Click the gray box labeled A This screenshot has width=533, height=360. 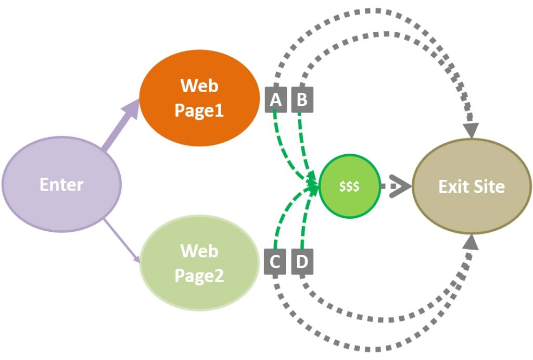point(276,99)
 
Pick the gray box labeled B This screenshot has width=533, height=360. point(302,99)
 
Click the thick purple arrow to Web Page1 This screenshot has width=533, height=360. point(120,128)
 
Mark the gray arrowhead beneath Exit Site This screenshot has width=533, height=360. point(471,243)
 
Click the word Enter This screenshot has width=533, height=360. point(61,184)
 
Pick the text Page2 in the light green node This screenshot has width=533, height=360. point(199,275)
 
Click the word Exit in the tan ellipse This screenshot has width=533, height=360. point(452,187)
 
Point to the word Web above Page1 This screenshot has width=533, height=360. point(199,85)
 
